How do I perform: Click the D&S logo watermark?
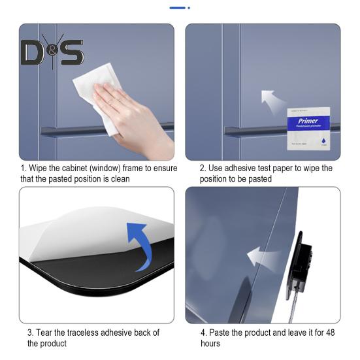[x=52, y=52]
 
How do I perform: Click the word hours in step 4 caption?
[x=211, y=343]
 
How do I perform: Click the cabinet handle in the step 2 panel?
[x=255, y=131]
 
